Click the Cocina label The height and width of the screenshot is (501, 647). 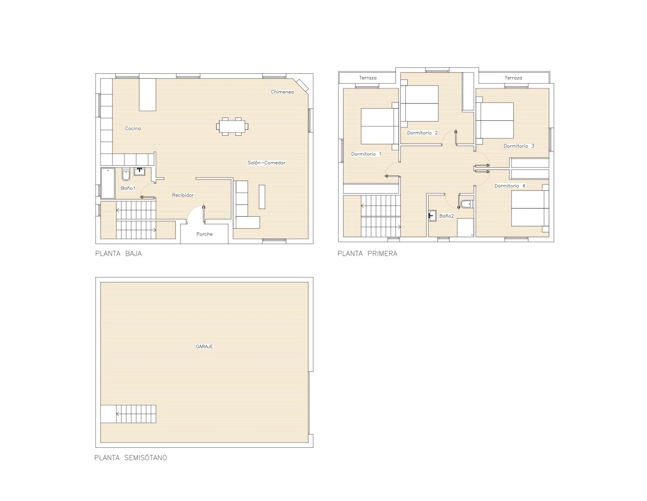(x=133, y=128)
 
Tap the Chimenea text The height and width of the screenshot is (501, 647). (x=282, y=92)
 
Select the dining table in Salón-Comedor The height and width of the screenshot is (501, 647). (x=232, y=126)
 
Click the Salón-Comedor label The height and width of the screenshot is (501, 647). (x=267, y=163)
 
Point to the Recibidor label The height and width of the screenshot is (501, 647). (x=183, y=195)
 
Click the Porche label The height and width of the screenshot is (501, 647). (x=205, y=234)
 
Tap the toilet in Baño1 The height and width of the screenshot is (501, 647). (x=126, y=174)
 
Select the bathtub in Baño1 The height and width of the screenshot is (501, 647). (x=108, y=183)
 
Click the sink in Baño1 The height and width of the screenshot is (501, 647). (x=139, y=172)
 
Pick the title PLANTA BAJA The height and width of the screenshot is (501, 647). (x=118, y=254)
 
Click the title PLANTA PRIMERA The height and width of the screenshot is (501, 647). (x=367, y=254)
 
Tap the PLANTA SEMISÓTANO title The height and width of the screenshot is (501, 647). (x=131, y=458)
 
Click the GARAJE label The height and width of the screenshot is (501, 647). (x=204, y=347)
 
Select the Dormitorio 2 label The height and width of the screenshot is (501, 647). (x=422, y=133)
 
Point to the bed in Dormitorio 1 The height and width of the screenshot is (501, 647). (x=379, y=126)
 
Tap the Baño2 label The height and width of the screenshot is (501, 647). (x=447, y=216)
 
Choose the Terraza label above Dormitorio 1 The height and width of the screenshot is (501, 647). (x=368, y=78)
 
